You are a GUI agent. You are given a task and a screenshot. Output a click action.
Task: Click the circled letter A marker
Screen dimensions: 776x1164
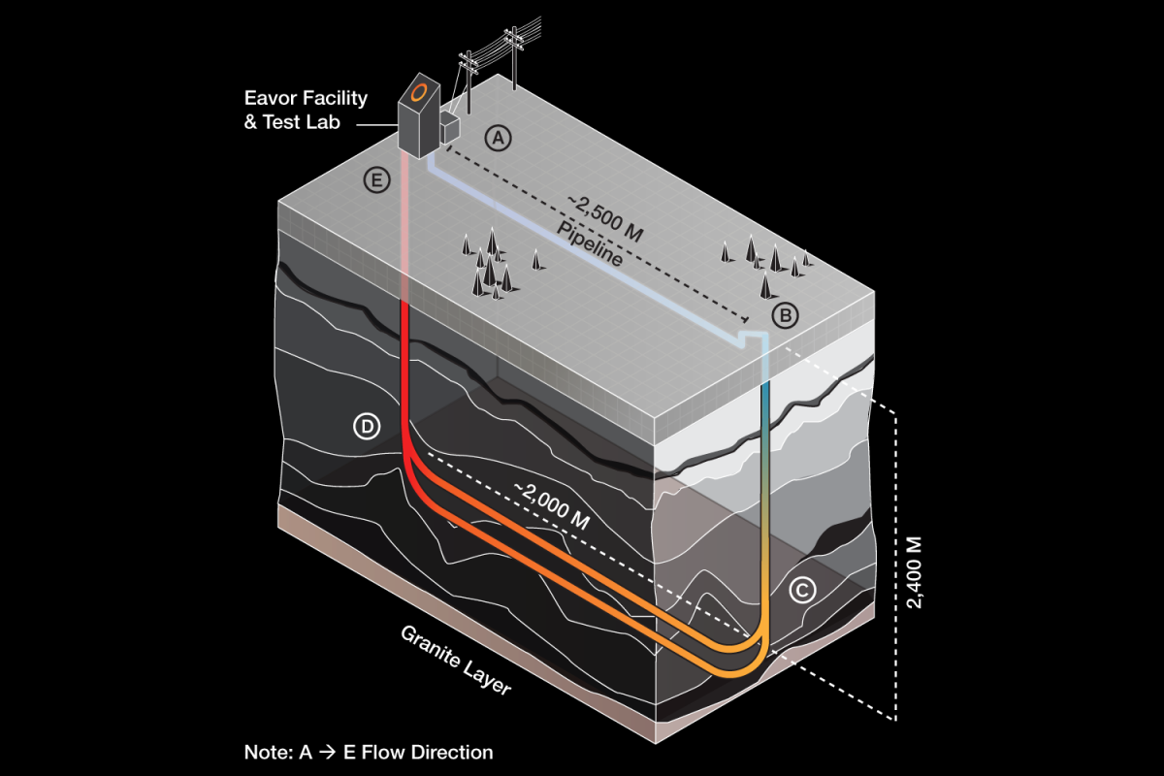[498, 139]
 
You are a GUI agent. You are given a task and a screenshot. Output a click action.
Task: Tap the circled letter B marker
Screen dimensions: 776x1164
[785, 314]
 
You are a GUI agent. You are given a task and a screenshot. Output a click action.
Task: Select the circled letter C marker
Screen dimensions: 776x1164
[800, 589]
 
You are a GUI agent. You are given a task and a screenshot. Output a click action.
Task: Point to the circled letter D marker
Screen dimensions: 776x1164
[366, 426]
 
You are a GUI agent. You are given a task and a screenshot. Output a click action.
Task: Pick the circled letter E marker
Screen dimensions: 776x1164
[373, 179]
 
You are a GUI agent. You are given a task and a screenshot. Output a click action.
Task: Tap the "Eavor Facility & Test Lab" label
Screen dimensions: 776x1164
[305, 111]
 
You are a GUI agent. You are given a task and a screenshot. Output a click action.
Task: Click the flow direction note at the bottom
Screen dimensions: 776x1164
[368, 752]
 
